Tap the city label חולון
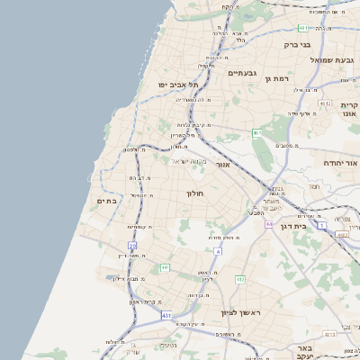pyautogui.click(x=196, y=193)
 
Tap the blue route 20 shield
pyautogui.click(x=132, y=245)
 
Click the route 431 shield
pyautogui.click(x=166, y=316)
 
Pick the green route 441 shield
pyautogui.click(x=165, y=267)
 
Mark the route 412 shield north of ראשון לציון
pyautogui.click(x=240, y=280)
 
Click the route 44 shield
pyautogui.click(x=268, y=223)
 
